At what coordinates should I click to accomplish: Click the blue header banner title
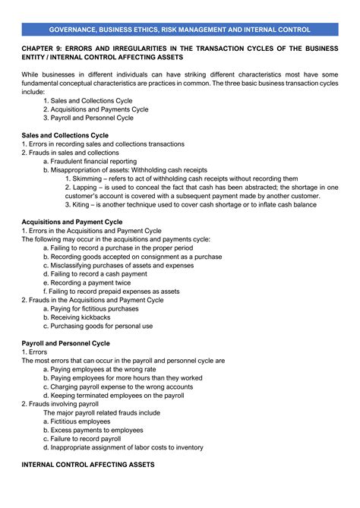tap(180, 29)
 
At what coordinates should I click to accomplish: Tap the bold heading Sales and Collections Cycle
tap(65, 135)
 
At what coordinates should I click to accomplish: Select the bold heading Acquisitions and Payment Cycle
tap(72, 222)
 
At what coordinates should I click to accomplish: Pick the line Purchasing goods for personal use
tap(98, 326)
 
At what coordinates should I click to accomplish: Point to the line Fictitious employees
tap(77, 421)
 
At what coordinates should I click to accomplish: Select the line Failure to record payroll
tap(83, 438)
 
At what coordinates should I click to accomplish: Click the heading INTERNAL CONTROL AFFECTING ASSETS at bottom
tap(88, 464)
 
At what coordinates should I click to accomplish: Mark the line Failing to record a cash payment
tap(96, 273)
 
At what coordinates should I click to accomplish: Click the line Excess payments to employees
tap(93, 430)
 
